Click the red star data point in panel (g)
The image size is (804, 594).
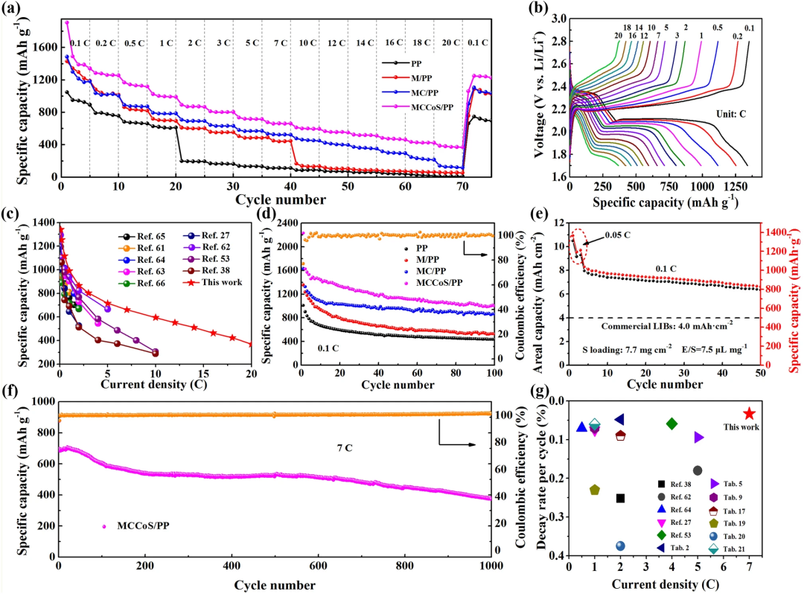pos(749,413)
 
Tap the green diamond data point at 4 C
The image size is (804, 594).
pos(671,424)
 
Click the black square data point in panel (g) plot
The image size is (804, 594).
pos(620,498)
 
